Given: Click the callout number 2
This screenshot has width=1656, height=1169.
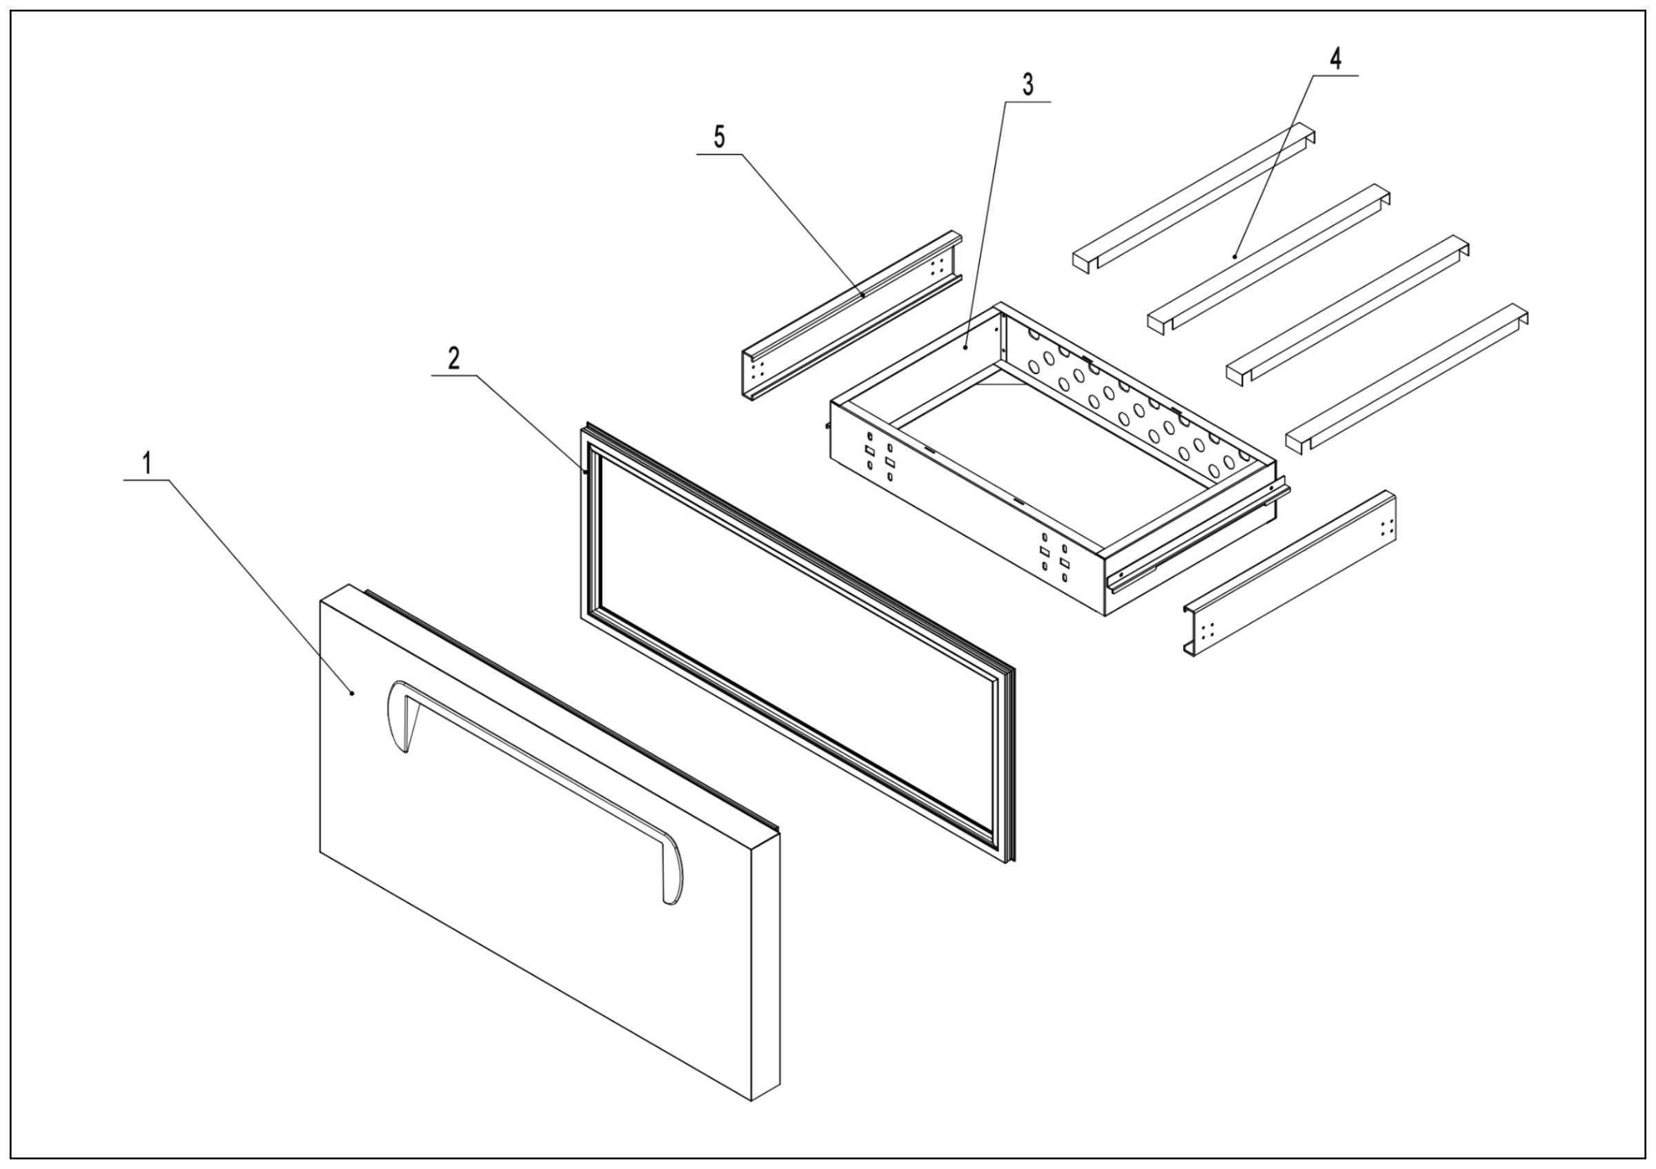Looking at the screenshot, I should click(453, 358).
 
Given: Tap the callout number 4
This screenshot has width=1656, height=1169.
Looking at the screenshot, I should click(1335, 59).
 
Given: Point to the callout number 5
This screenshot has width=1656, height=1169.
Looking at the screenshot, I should click(719, 137).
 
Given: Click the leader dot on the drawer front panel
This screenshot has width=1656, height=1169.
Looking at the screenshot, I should click(352, 693).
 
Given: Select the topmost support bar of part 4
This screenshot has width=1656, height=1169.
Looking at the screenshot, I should click(1194, 199).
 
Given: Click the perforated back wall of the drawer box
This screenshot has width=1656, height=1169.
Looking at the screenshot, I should click(1125, 404).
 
